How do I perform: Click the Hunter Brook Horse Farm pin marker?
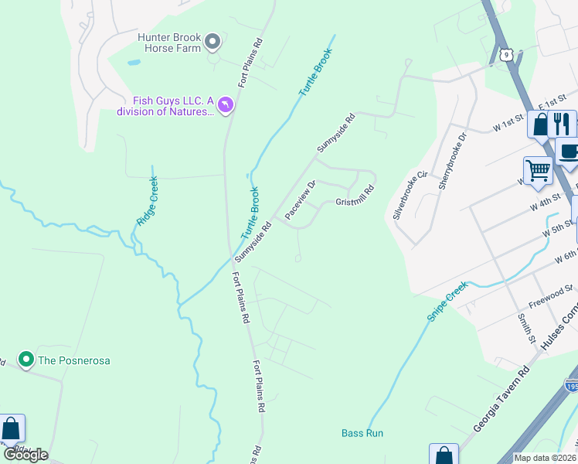(213, 41)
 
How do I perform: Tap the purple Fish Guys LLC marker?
(226, 104)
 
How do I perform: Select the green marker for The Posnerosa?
(25, 359)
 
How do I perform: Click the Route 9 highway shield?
(505, 53)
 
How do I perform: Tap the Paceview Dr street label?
(301, 200)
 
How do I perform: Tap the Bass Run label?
(362, 433)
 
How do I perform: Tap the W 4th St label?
(545, 203)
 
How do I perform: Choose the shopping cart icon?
(538, 169)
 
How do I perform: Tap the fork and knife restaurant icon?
(562, 123)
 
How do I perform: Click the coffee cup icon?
(569, 152)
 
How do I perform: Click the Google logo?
(25, 455)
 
